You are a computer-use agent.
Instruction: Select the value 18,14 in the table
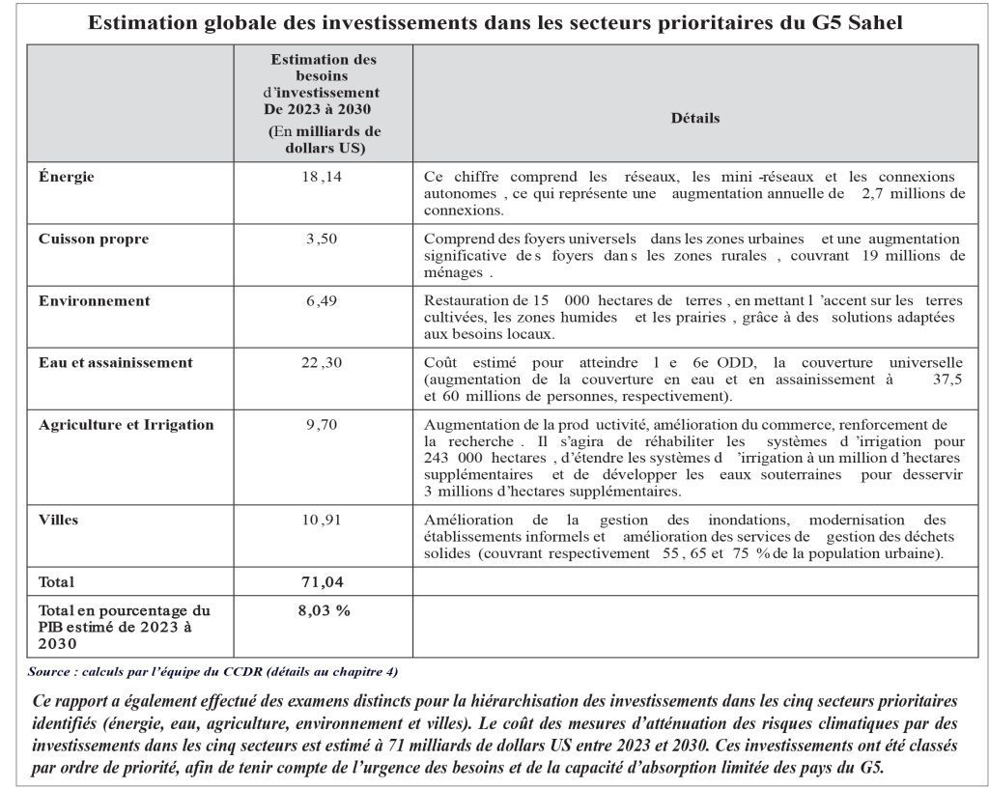click(322, 178)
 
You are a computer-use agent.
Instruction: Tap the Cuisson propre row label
click(94, 239)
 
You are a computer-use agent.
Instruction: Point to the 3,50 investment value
click(322, 239)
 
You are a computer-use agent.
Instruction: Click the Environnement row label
click(95, 300)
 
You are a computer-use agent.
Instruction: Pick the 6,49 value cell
click(322, 300)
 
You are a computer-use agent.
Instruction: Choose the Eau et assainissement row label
click(116, 363)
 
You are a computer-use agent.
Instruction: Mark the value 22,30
click(322, 363)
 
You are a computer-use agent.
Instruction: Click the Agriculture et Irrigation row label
click(127, 425)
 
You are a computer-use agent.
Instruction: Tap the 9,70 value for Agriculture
click(322, 425)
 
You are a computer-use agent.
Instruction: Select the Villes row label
click(59, 520)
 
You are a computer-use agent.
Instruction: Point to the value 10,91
click(322, 520)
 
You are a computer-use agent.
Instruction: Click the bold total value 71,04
click(322, 581)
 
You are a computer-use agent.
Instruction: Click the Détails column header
click(695, 118)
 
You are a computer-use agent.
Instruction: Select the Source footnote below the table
click(212, 671)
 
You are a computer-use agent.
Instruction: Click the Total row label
click(56, 581)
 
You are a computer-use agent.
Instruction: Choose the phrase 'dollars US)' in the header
click(325, 148)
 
